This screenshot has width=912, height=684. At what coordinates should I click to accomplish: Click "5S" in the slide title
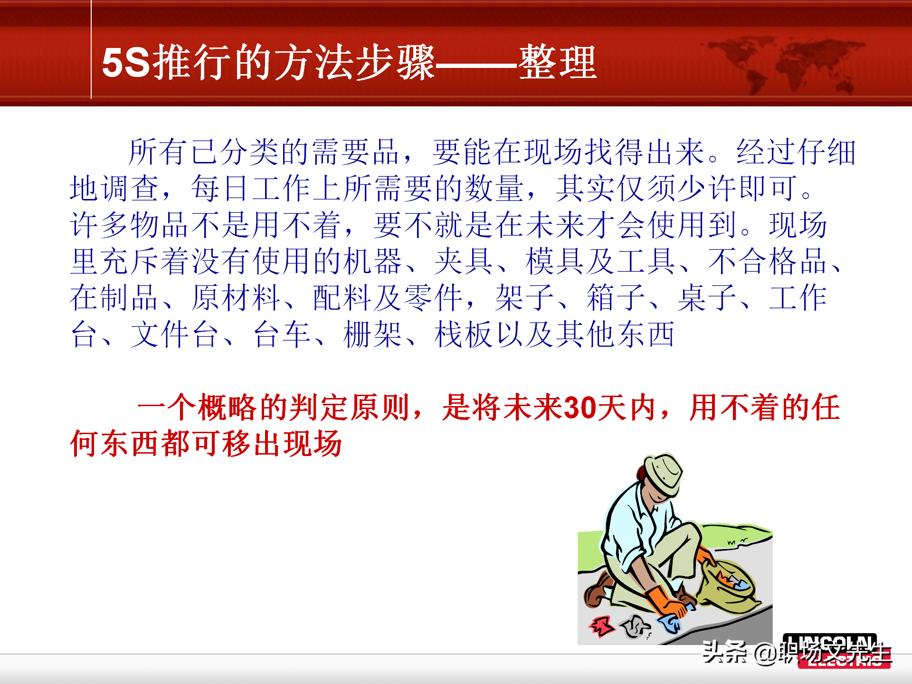(x=126, y=62)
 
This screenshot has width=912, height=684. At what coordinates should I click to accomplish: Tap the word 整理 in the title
(x=558, y=62)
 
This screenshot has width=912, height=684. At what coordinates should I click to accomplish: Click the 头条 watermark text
(x=724, y=652)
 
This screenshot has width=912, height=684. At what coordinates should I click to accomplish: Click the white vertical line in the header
(x=91, y=49)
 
